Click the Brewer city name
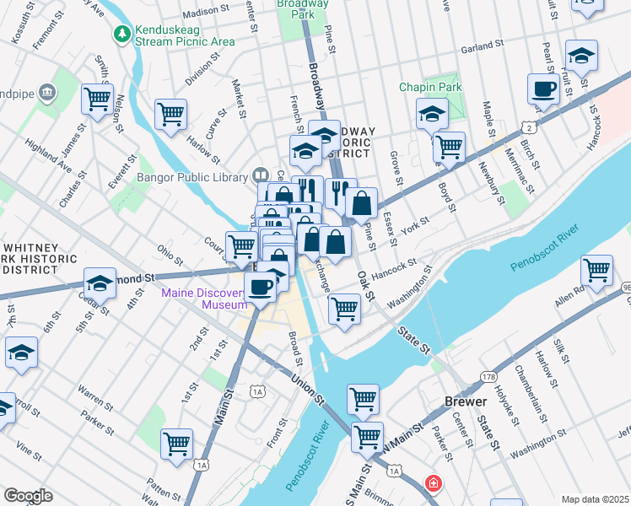pyautogui.click(x=467, y=402)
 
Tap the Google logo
pyautogui.click(x=28, y=496)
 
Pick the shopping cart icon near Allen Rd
pyautogui.click(x=596, y=271)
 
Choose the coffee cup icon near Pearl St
pyautogui.click(x=543, y=89)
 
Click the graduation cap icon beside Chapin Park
pyautogui.click(x=432, y=113)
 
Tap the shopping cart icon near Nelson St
pyautogui.click(x=98, y=99)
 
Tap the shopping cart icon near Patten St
pyautogui.click(x=176, y=443)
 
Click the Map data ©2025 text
pyautogui.click(x=595, y=499)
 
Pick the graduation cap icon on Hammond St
pyautogui.click(x=100, y=283)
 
